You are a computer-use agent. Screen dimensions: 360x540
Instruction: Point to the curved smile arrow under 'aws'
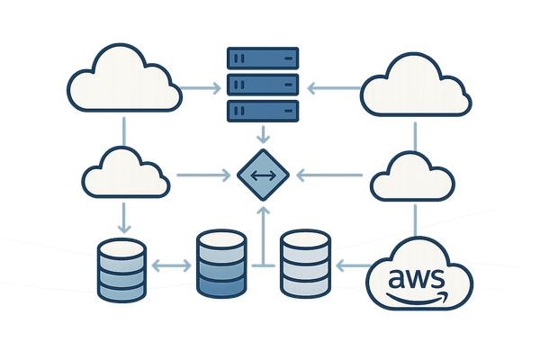[418, 294]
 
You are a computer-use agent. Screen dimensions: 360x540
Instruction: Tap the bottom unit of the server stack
[262, 112]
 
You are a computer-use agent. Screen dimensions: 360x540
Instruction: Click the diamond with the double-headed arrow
[262, 174]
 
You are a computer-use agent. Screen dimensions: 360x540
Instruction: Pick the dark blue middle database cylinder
[220, 264]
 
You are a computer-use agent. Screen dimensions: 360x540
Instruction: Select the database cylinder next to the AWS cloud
[305, 264]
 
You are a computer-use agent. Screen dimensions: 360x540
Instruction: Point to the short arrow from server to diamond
[262, 136]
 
